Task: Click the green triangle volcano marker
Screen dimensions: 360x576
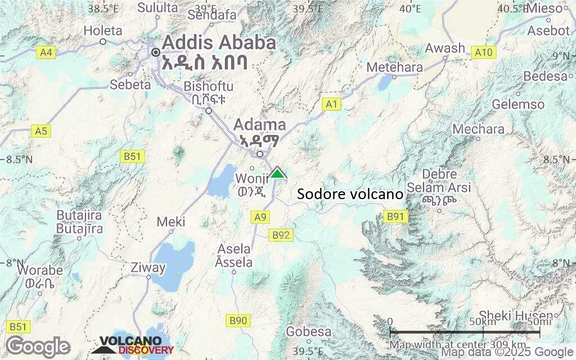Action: tap(277, 173)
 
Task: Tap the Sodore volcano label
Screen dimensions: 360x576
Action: tap(350, 195)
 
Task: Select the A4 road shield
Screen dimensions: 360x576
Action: tap(46, 52)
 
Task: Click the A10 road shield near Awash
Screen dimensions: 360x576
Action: tap(483, 52)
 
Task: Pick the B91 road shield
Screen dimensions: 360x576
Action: tap(395, 216)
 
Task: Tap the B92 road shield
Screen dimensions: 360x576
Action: tap(281, 235)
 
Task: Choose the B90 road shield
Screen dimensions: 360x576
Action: tap(238, 321)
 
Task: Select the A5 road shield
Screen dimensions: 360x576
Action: tap(41, 131)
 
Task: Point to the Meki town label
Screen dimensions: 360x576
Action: tap(171, 222)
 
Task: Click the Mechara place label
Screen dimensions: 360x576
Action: tap(479, 129)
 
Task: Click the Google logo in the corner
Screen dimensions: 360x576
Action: tap(38, 346)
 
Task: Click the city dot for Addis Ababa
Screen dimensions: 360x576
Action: tap(156, 52)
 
